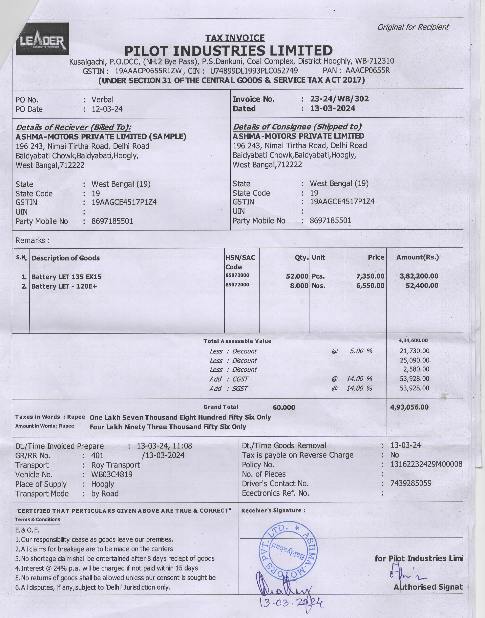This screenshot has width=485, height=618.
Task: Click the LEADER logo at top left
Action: click(42, 39)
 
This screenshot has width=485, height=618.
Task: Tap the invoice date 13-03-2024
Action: click(332, 108)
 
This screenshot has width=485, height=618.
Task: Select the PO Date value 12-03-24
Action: click(107, 109)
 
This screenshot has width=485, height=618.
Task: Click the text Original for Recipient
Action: click(413, 27)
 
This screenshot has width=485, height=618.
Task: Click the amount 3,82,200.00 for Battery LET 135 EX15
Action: click(419, 276)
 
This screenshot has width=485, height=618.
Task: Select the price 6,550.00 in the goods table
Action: click(370, 286)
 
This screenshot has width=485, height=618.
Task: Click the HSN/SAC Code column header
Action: click(240, 262)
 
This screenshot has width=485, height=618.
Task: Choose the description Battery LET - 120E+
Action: click(64, 286)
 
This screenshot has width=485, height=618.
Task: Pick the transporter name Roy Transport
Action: click(115, 465)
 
